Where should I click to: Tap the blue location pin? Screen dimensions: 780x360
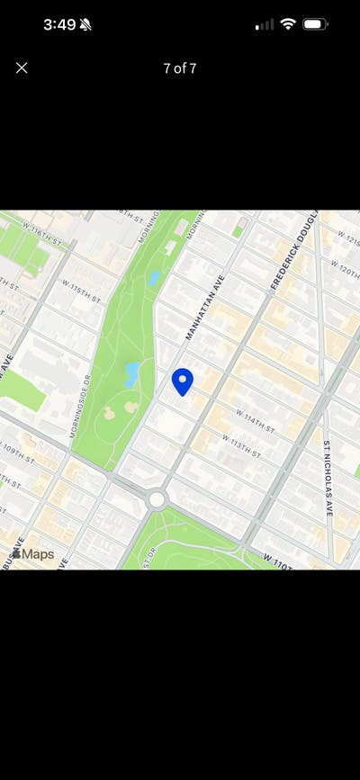point(183,381)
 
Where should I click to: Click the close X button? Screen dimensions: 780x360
point(22,67)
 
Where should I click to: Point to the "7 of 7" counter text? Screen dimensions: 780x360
point(180,68)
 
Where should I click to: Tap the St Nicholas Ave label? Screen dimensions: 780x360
point(328,477)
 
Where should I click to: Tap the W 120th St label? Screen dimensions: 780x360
point(345,270)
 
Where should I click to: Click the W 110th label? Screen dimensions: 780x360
point(280,560)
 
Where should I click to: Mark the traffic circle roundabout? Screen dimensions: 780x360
point(157,498)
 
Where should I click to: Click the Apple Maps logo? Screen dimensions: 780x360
point(32,554)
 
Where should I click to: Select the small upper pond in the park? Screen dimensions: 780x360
point(155,278)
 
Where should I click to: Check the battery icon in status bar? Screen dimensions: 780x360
point(315,24)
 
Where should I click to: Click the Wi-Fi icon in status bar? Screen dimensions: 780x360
point(287,24)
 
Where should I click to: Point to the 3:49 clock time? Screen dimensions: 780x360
point(59,24)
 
